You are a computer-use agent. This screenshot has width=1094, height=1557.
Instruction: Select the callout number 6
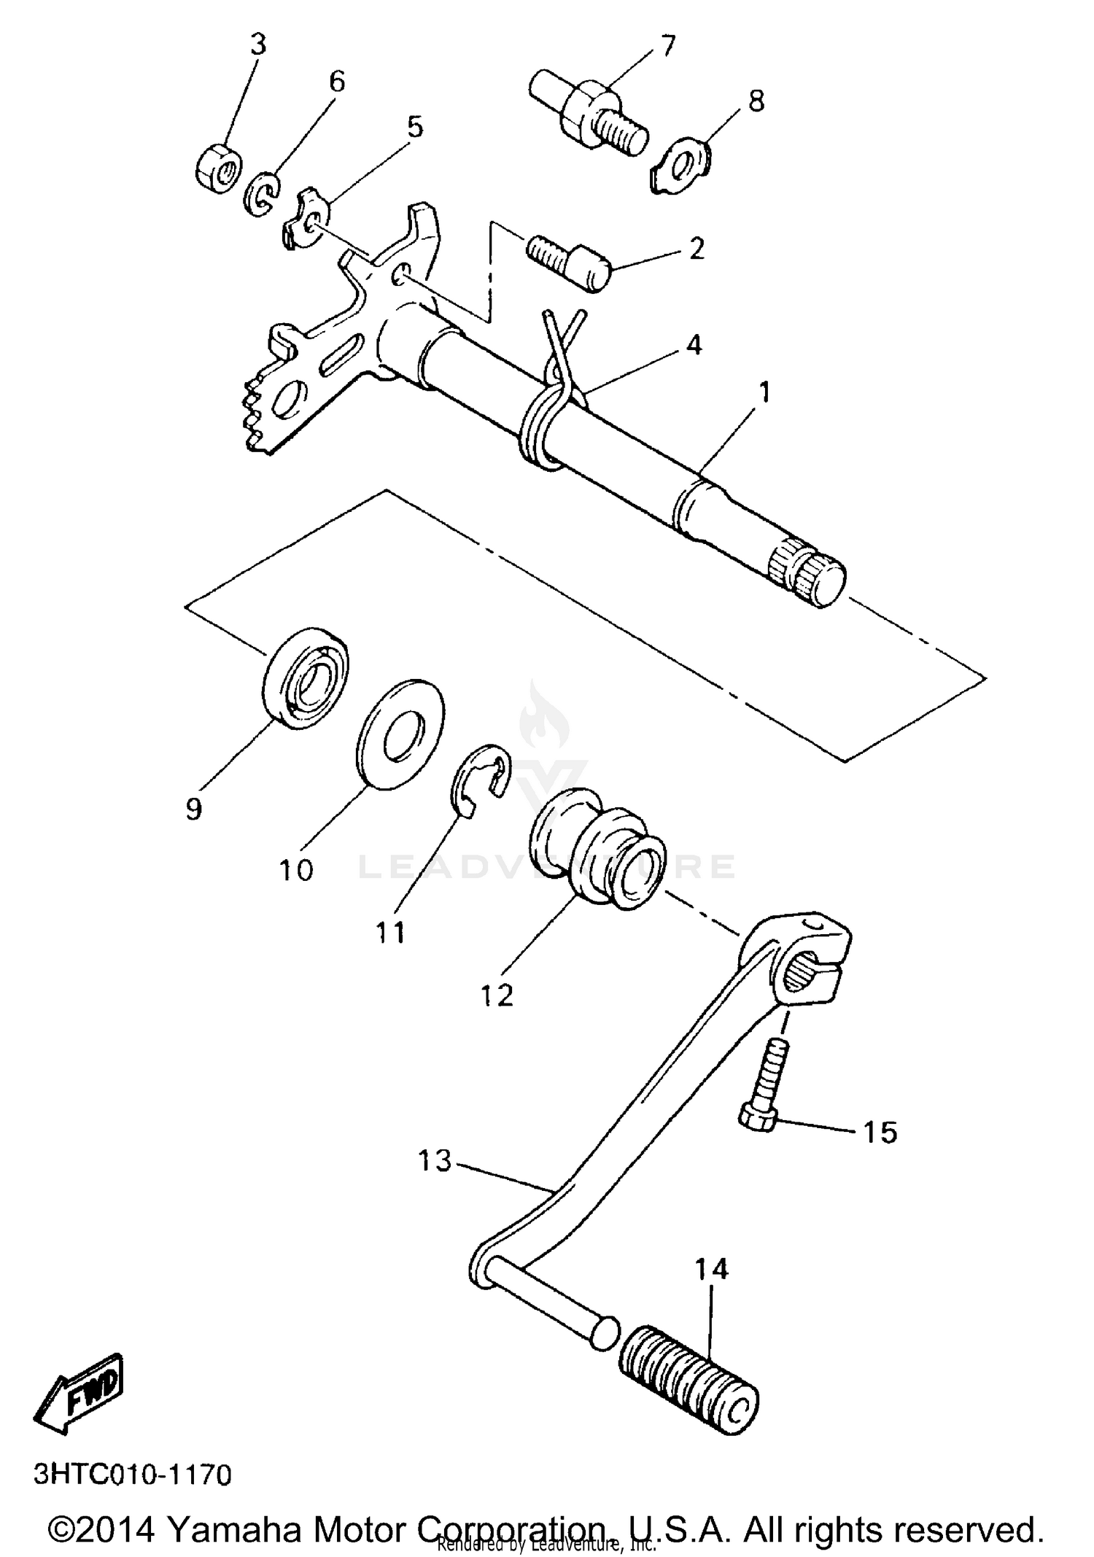[337, 82]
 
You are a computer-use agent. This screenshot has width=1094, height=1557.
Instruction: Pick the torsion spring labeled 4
[548, 408]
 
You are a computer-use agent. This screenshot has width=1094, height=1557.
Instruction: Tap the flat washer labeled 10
[400, 734]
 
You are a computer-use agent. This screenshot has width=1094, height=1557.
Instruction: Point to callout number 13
[435, 1160]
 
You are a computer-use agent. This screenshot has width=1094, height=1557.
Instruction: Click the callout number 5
[414, 127]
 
